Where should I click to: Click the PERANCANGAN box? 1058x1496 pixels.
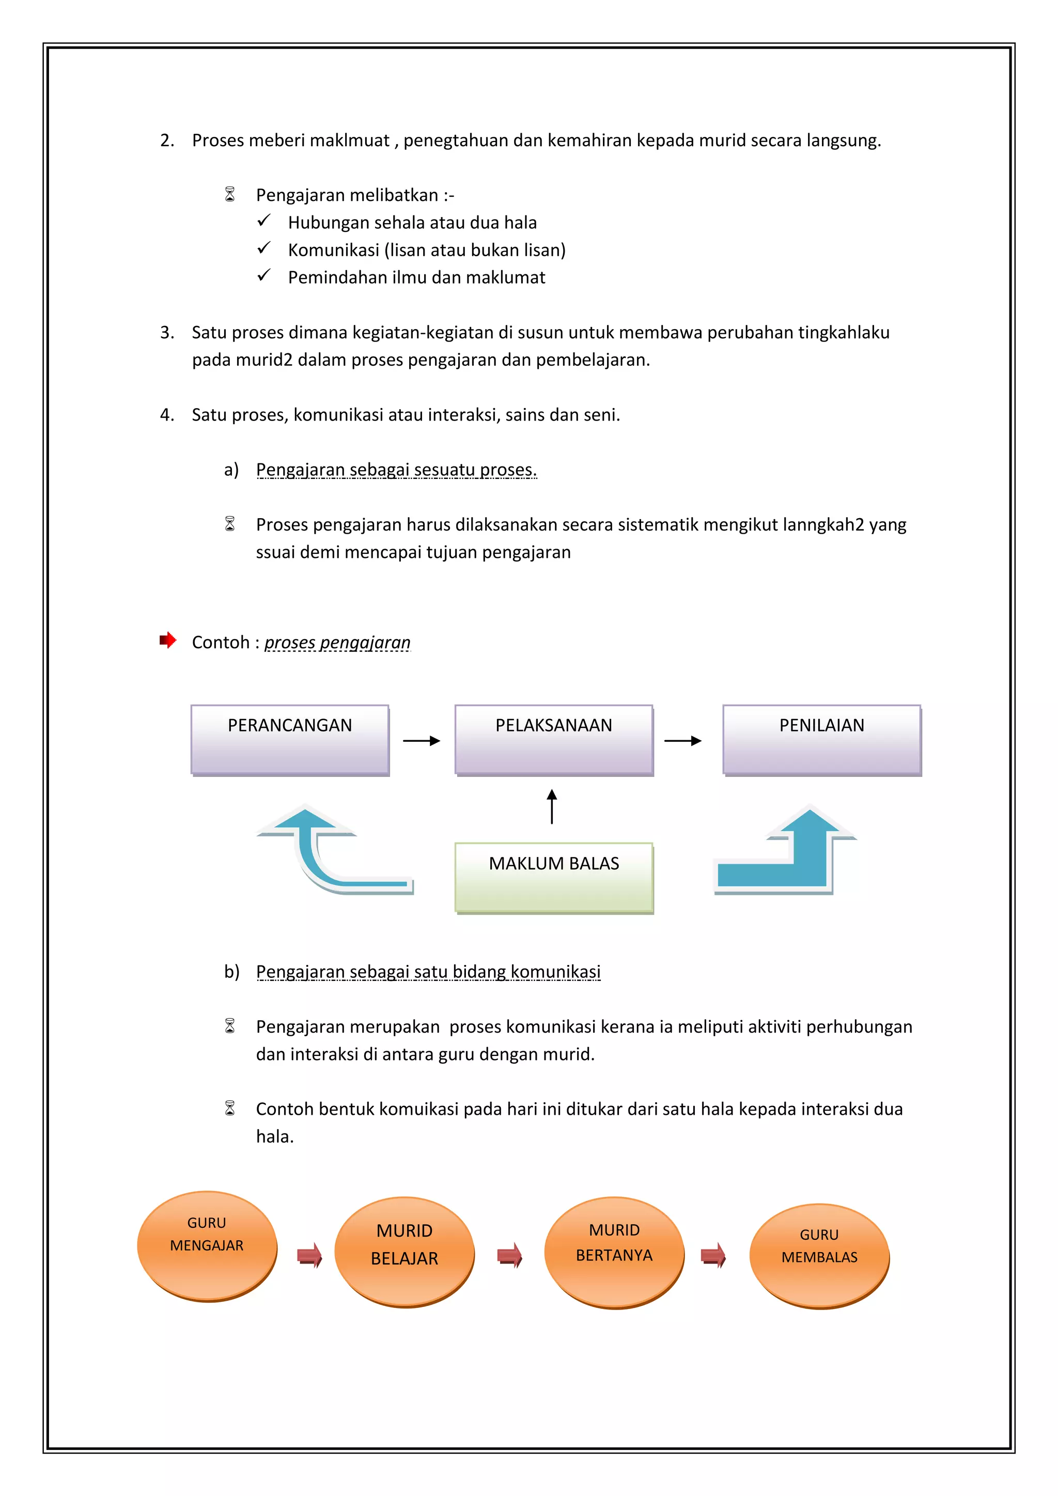click(x=290, y=740)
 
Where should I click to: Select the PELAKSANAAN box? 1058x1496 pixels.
click(x=554, y=740)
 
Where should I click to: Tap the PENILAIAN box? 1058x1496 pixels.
click(x=821, y=740)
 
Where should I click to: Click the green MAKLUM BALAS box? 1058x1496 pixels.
click(x=554, y=877)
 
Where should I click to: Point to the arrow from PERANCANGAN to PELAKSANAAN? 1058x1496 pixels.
click(x=422, y=741)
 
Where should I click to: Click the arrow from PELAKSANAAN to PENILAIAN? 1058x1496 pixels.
click(x=683, y=741)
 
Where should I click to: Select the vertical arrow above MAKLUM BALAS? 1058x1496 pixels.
click(x=552, y=807)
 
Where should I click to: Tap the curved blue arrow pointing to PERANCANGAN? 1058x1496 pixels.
click(x=326, y=853)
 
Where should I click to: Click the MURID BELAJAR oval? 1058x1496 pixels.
click(x=404, y=1252)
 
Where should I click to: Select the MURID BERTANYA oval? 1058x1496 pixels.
click(x=614, y=1252)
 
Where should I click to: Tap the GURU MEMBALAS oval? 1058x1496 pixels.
click(x=819, y=1256)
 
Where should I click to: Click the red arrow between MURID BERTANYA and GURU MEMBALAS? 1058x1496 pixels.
click(x=713, y=1255)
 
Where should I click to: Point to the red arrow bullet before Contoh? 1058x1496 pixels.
click(x=168, y=641)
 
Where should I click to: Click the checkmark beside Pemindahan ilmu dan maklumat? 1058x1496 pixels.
click(x=264, y=276)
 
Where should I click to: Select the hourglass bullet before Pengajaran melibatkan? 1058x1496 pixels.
click(x=230, y=194)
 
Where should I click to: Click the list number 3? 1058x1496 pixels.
click(x=167, y=332)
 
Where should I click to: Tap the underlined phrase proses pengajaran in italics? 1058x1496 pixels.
click(x=337, y=643)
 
